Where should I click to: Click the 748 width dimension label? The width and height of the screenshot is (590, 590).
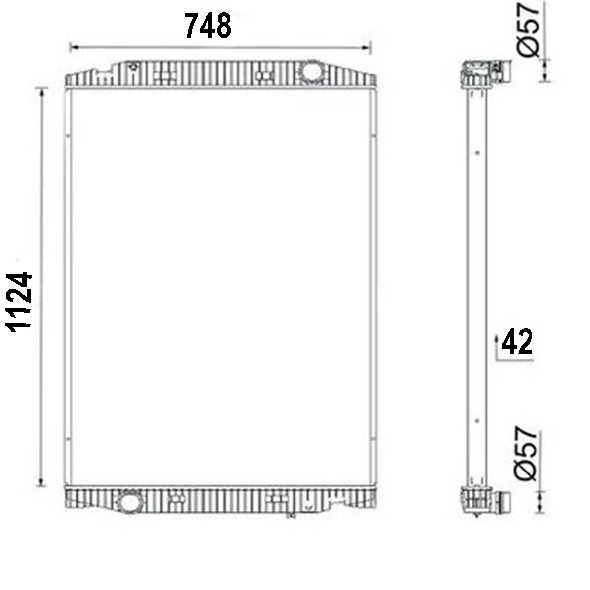(207, 26)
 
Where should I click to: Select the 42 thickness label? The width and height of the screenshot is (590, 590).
(518, 343)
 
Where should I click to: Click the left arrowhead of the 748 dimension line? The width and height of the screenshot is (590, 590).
(74, 47)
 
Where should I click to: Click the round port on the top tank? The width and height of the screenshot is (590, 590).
(311, 71)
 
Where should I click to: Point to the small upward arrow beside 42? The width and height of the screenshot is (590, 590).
(496, 339)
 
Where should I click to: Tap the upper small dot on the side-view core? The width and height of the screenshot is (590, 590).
(477, 152)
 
